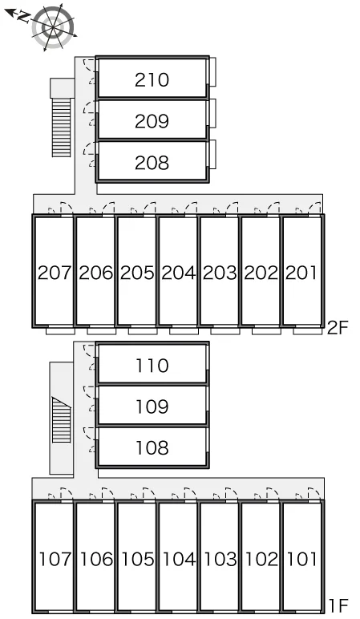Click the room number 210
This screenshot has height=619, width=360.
pyautogui.click(x=152, y=80)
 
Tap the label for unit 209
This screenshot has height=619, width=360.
pyautogui.click(x=152, y=122)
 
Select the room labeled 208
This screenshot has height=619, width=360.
pyautogui.click(x=152, y=163)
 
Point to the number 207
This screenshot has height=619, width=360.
pyautogui.click(x=55, y=273)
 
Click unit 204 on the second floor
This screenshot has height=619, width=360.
pyautogui.click(x=179, y=273)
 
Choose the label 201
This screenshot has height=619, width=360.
pyautogui.click(x=301, y=273)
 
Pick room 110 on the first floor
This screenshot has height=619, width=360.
pyautogui.click(x=152, y=366)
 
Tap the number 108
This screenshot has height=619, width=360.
pyautogui.click(x=152, y=447)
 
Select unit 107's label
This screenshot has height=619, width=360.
pyautogui.click(x=55, y=559)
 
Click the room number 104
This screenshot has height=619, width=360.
pyautogui.click(x=179, y=559)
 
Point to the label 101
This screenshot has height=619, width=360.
pyautogui.click(x=301, y=559)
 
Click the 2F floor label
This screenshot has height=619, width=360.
pyautogui.click(x=338, y=327)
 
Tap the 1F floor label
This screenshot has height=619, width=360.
pyautogui.click(x=338, y=605)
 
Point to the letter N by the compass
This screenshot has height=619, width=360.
pyautogui.click(x=25, y=17)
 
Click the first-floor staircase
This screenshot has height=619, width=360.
pyautogui.click(x=62, y=419)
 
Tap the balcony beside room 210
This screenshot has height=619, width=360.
pyautogui.click(x=212, y=72)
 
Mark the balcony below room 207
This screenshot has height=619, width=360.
pyautogui.click(x=60, y=331)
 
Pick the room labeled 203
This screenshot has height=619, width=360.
pyautogui.click(x=220, y=273)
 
